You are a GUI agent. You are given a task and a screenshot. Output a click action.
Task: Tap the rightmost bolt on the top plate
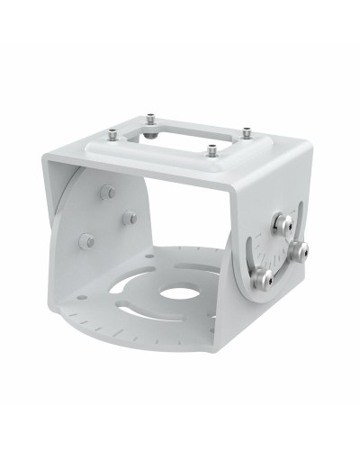(245, 132)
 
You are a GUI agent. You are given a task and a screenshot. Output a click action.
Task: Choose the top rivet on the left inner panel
(107, 193)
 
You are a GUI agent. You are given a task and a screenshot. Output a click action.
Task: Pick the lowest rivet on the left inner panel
(87, 240)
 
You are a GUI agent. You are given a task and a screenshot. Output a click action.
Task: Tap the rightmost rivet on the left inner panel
(130, 217)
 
